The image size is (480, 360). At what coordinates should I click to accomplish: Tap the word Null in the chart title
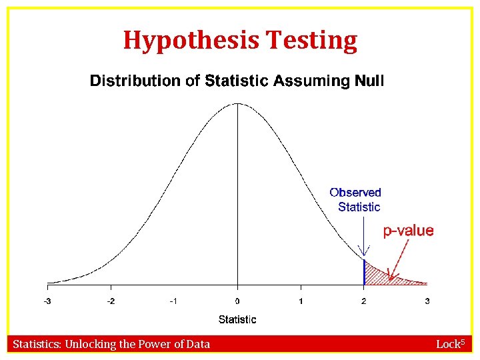click(x=368, y=81)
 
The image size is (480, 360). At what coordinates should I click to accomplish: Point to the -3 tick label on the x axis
click(x=47, y=301)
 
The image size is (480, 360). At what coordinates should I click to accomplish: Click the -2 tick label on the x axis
click(x=111, y=301)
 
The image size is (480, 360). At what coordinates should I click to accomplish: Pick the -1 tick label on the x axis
click(x=173, y=301)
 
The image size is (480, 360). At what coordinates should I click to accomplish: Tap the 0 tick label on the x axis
click(x=237, y=301)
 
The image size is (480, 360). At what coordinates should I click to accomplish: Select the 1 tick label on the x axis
click(x=301, y=301)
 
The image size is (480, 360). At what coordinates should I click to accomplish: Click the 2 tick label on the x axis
click(x=364, y=301)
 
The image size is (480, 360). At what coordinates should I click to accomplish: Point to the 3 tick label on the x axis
click(x=427, y=301)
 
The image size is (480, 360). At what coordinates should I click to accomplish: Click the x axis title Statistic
click(x=237, y=319)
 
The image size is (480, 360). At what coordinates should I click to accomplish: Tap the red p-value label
click(x=408, y=231)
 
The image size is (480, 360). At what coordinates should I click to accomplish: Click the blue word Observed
click(x=355, y=193)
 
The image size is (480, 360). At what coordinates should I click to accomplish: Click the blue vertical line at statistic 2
click(x=364, y=272)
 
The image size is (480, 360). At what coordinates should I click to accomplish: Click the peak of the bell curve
click(x=237, y=103)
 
